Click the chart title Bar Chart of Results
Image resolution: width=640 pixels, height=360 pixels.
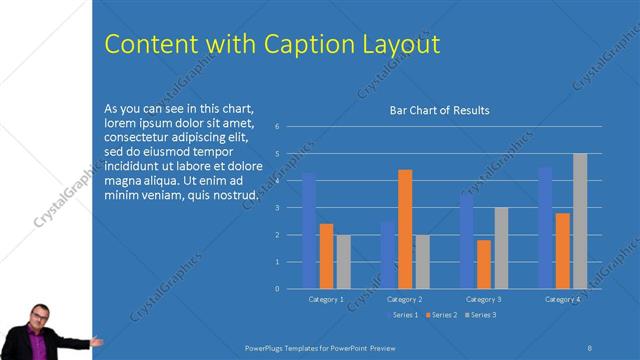tap(439, 110)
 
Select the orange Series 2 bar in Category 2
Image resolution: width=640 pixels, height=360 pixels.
tap(405, 229)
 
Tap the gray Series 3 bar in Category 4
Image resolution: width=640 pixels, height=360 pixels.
tap(580, 221)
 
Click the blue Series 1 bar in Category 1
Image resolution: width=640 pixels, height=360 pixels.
tap(309, 230)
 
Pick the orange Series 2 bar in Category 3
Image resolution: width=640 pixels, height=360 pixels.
tap(484, 264)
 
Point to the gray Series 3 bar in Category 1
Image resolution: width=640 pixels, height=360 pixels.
tap(343, 262)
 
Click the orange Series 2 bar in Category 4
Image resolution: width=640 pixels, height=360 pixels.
tap(563, 250)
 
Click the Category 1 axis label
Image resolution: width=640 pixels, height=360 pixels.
tap(325, 299)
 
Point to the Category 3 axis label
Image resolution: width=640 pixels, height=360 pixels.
tap(483, 299)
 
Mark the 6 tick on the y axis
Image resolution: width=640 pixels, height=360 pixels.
tap(290, 127)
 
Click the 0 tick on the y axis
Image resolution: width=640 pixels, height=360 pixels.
tap(290, 288)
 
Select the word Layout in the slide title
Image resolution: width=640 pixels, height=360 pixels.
tap(401, 45)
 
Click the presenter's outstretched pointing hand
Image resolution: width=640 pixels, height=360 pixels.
tap(97, 341)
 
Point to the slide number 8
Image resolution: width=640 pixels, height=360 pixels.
tap(590, 346)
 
